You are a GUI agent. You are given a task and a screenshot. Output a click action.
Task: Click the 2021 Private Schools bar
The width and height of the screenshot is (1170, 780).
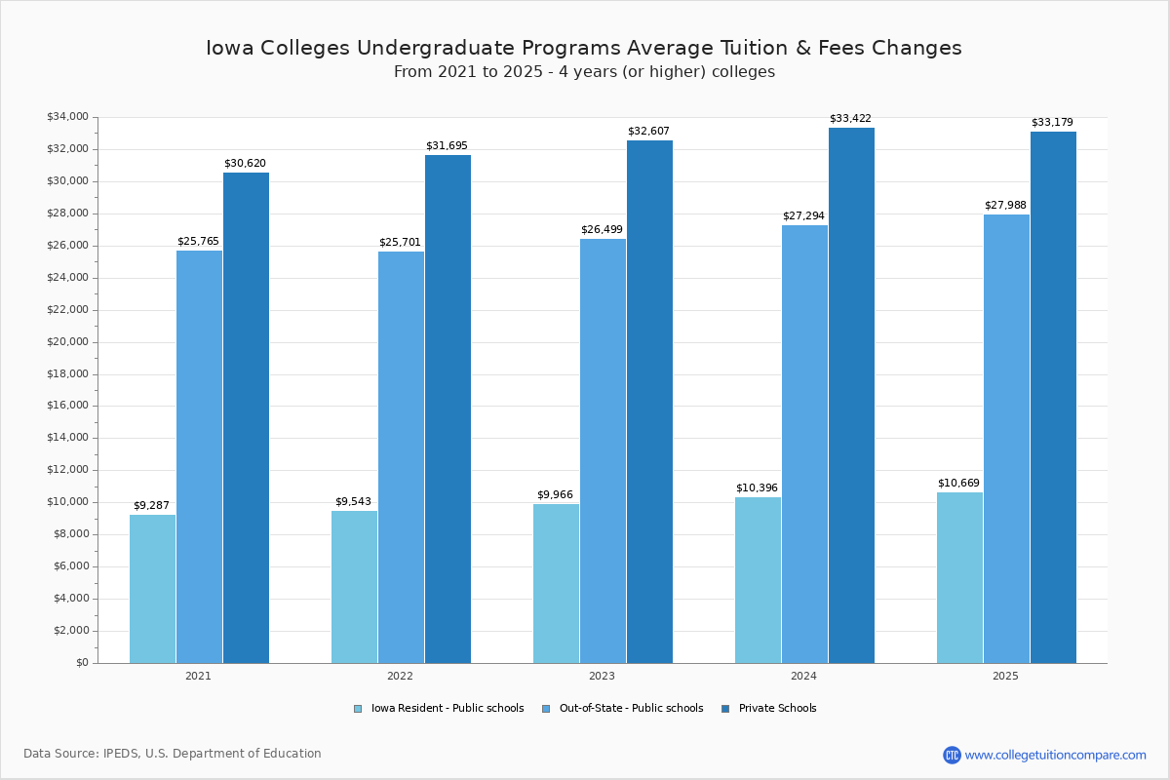coord(246,419)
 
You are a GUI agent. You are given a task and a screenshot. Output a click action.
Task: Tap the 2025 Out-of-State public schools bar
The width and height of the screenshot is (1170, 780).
coord(1006,439)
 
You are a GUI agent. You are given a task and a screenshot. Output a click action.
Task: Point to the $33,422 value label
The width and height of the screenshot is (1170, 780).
coord(850,119)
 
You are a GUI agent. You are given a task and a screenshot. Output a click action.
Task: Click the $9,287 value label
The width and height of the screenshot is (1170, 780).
coord(151,505)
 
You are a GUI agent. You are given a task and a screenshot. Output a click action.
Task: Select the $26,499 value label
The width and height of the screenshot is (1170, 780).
coord(602,230)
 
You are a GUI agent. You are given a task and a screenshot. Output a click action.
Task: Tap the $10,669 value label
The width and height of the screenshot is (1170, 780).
coord(958,484)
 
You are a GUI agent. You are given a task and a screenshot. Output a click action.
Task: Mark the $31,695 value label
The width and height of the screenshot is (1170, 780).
coord(447,146)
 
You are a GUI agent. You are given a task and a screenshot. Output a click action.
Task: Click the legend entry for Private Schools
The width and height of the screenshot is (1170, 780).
coord(777,709)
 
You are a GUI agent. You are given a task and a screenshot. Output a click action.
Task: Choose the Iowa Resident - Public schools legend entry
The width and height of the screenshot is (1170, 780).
coord(447,709)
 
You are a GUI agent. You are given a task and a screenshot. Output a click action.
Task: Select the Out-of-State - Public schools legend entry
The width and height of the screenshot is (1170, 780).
coord(630,709)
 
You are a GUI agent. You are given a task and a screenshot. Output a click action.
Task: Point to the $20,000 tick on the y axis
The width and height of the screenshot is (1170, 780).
coord(67,342)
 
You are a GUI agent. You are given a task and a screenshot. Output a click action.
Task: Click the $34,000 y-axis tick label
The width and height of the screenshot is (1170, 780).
coord(67,117)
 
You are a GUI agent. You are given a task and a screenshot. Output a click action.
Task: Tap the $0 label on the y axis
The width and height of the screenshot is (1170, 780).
coord(81,663)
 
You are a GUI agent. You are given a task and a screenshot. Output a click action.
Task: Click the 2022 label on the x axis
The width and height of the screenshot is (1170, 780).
coord(400,676)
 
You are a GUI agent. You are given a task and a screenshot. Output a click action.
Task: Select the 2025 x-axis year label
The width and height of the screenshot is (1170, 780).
coord(1005,676)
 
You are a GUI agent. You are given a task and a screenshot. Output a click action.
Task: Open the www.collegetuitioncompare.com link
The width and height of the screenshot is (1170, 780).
coord(1055,755)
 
